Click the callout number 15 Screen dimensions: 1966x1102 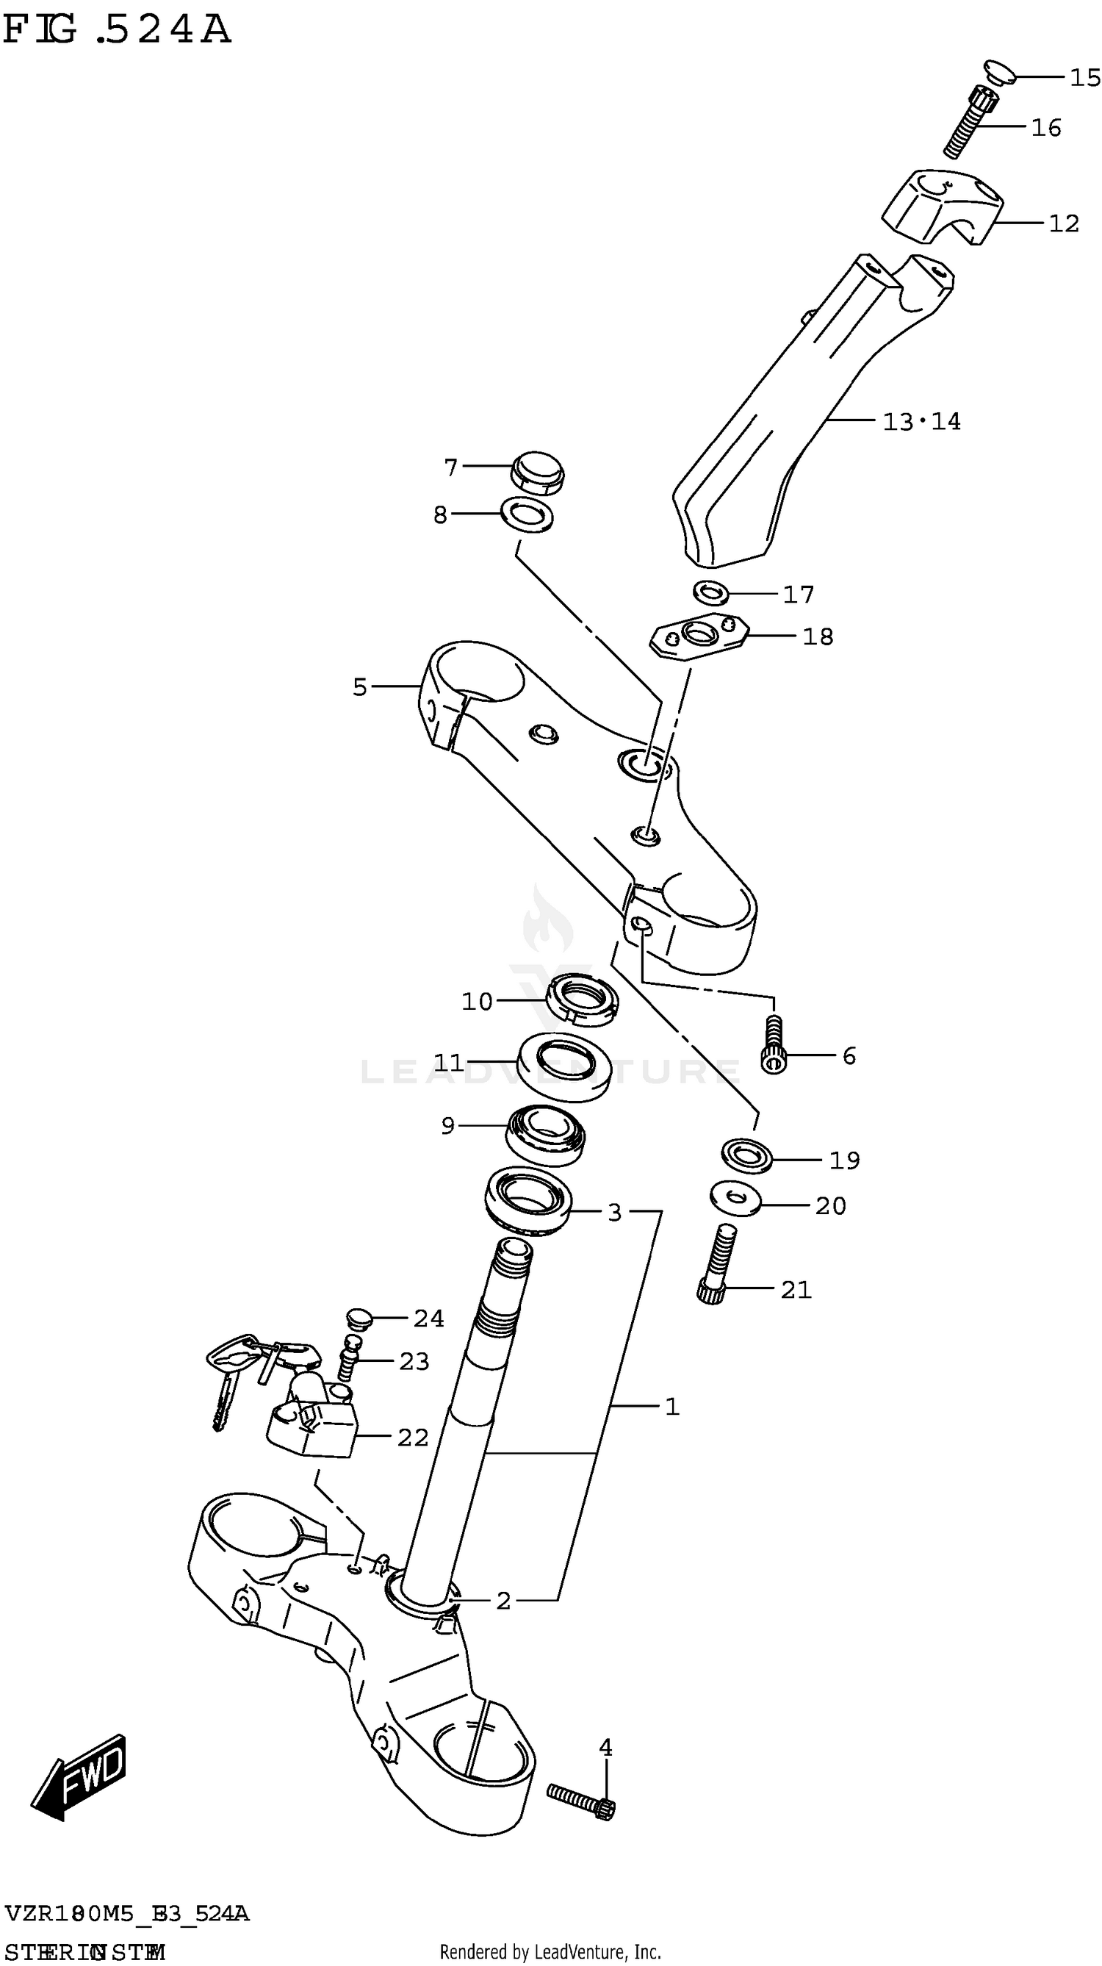pos(1084,77)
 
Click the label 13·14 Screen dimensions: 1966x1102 pos(921,421)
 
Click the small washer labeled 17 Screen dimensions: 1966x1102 pos(710,592)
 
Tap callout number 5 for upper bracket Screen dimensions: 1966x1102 pos(359,687)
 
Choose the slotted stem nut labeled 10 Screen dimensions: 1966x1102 pos(583,999)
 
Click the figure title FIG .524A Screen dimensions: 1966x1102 pos(116,31)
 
